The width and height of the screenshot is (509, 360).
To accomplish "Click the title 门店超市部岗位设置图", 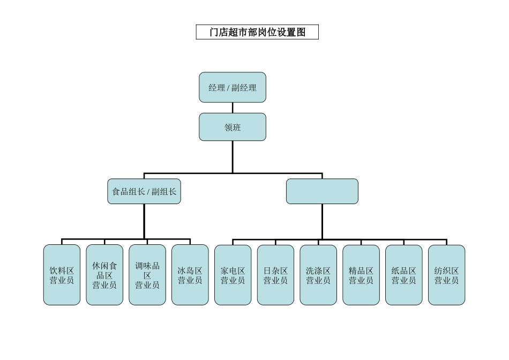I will (257, 32).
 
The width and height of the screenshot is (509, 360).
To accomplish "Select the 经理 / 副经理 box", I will (233, 87).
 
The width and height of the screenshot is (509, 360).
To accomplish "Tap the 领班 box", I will (233, 127).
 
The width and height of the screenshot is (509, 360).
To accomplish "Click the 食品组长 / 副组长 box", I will (144, 191).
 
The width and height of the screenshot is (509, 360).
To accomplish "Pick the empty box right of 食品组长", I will (322, 191).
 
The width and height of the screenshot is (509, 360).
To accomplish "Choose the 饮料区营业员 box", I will (62, 275).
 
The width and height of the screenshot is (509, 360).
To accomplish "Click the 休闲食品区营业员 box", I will (104, 275).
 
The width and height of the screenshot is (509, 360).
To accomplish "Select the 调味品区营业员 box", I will (147, 275).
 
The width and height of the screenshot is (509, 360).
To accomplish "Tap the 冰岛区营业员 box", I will (190, 275).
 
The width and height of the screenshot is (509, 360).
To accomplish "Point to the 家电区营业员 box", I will (233, 275).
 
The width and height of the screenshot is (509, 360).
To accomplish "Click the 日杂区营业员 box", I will (275, 275).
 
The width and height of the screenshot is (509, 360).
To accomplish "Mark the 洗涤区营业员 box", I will (318, 275).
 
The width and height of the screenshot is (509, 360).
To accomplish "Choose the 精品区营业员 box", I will (361, 275).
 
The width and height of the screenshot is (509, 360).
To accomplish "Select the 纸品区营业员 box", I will (403, 275).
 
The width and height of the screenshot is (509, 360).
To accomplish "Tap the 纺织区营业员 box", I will (446, 275).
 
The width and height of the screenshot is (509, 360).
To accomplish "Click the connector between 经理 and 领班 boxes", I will (233, 108).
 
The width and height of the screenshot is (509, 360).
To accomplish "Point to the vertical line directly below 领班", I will (233, 156).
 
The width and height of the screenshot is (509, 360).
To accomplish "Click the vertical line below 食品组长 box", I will (144, 221).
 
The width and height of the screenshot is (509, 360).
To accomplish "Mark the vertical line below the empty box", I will (322, 221).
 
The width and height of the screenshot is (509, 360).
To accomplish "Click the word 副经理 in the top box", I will (244, 88).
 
